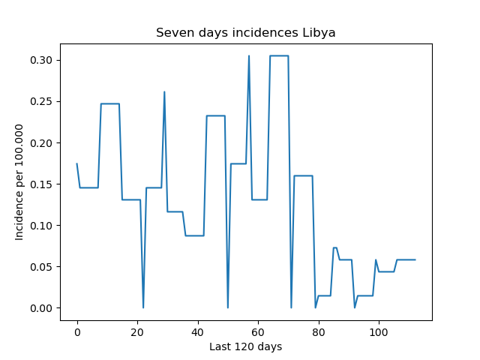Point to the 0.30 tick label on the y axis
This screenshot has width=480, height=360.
[x=41, y=60]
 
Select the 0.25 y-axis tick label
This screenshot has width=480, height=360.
[x=41, y=102]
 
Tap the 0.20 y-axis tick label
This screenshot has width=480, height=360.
[x=41, y=143]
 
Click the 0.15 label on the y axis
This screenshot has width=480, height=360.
[x=41, y=184]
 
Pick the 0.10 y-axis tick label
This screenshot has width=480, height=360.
[x=41, y=226]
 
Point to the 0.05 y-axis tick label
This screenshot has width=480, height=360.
[x=41, y=267]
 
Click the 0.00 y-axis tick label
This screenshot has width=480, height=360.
[x=41, y=308]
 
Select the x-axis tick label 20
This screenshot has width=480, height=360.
[x=137, y=332]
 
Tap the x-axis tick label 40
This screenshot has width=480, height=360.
[x=198, y=332]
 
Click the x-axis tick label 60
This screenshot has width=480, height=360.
[x=258, y=332]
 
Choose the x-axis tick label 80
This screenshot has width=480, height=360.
[x=318, y=332]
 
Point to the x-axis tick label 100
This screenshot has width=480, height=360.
[x=379, y=332]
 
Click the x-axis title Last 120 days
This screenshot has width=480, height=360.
[x=246, y=346]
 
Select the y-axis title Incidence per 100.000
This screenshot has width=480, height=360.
[x=19, y=182]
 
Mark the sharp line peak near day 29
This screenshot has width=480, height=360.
[x=164, y=91]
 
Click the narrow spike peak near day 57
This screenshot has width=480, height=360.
[x=249, y=55]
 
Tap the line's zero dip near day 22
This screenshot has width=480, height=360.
[x=143, y=307]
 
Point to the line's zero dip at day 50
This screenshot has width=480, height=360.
[x=228, y=307]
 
